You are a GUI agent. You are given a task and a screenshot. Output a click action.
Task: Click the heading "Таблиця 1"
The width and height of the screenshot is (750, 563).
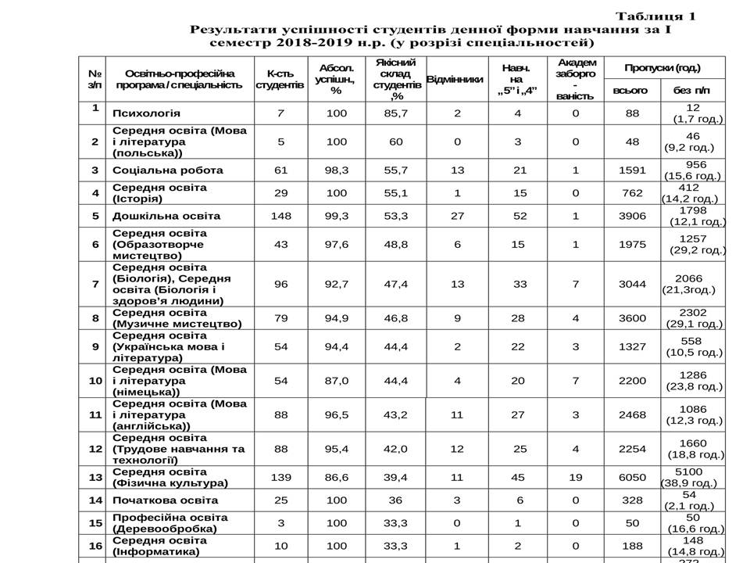click(655, 16)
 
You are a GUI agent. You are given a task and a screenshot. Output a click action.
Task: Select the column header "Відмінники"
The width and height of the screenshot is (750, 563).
click(455, 79)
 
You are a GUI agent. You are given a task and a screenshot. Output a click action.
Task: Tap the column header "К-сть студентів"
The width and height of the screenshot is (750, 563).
click(280, 79)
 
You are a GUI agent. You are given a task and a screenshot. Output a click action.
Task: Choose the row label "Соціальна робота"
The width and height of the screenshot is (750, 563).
click(168, 170)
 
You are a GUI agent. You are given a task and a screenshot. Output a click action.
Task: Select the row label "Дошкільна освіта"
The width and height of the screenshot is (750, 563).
click(166, 216)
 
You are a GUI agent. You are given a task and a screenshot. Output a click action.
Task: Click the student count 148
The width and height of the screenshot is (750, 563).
click(280, 216)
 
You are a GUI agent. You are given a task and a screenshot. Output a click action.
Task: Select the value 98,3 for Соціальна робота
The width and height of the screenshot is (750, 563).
click(337, 170)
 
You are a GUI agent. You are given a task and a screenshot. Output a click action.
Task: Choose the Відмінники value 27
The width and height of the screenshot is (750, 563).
click(457, 216)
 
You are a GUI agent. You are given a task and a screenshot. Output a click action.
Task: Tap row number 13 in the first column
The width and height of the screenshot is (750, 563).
click(94, 477)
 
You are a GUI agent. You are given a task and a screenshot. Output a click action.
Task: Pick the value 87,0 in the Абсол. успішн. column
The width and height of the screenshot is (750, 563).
click(337, 380)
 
